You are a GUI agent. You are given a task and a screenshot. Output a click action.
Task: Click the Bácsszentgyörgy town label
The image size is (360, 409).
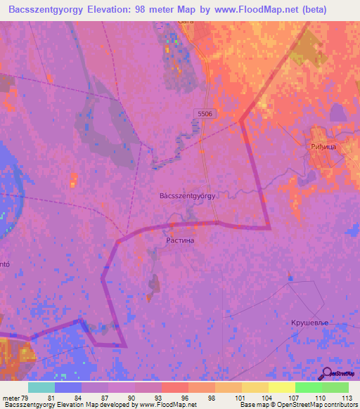tap(187, 196)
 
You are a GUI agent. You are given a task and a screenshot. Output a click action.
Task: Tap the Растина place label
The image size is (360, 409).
tap(179, 240)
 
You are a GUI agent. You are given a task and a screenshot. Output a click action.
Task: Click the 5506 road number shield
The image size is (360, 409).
tap(205, 113)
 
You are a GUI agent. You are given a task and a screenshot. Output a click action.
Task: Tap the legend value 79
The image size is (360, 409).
tap(25, 398)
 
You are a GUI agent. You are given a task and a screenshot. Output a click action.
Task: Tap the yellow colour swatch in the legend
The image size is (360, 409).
tap(281, 387)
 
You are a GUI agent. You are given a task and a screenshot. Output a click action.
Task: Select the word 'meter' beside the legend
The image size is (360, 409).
tap(11, 398)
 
